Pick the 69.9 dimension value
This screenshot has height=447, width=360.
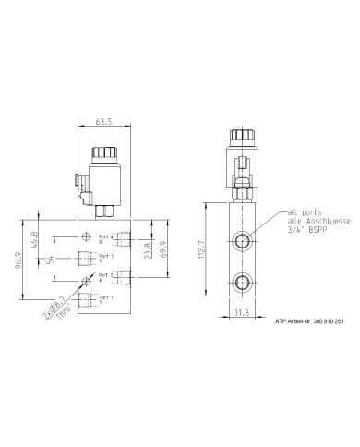[165, 249]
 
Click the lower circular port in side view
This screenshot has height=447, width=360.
[243, 283]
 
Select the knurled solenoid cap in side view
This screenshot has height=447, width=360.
[243, 136]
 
